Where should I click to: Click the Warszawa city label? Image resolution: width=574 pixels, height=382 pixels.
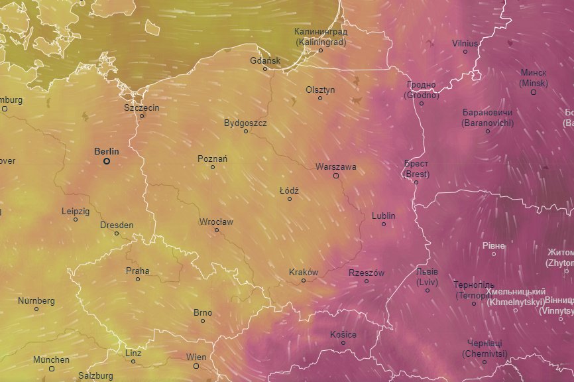(x=336, y=166)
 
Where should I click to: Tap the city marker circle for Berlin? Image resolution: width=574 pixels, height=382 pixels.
(x=106, y=161)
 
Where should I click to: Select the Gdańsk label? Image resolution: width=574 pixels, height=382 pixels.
(x=265, y=60)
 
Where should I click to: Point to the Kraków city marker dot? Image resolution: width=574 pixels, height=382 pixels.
(x=304, y=281)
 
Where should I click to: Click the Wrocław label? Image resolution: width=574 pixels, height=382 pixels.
(x=216, y=222)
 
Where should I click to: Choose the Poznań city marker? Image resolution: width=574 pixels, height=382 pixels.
(x=213, y=167)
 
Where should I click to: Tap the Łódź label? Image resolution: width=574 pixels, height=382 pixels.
(x=289, y=190)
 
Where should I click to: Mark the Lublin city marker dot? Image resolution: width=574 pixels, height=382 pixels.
(x=384, y=224)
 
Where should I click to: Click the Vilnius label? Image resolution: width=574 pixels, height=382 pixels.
(x=465, y=43)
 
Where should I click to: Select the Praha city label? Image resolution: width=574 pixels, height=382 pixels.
(x=137, y=271)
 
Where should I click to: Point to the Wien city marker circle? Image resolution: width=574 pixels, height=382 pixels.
(x=196, y=365)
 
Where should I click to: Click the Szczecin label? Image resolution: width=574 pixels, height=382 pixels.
(x=141, y=107)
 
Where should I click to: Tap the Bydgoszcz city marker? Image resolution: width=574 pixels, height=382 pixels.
(x=246, y=131)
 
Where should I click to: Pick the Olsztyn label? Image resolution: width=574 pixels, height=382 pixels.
(x=320, y=90)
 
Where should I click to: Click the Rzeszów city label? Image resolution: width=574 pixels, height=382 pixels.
(x=367, y=273)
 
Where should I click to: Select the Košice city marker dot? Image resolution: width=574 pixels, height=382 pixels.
(x=343, y=343)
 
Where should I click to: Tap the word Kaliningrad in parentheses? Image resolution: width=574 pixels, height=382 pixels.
(x=321, y=42)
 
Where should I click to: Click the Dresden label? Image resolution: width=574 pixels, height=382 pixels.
(x=117, y=225)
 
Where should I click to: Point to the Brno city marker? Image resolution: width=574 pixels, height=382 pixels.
(x=203, y=321)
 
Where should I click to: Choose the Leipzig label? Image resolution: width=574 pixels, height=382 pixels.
(x=75, y=211)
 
